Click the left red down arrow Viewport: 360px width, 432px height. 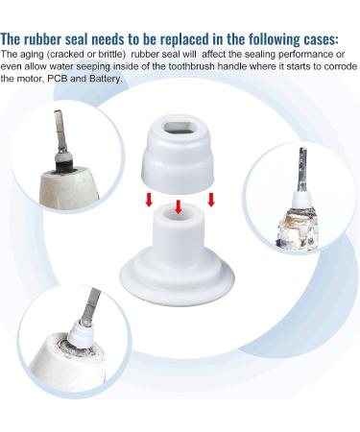tap(148, 200)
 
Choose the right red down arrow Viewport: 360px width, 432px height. tap(211, 200)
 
